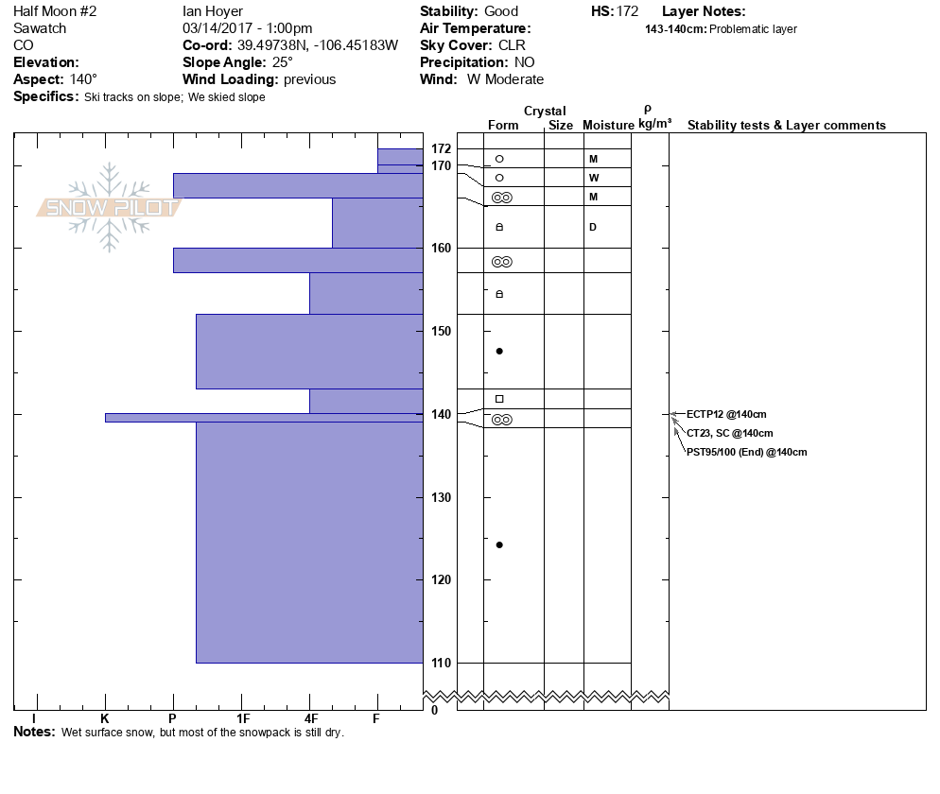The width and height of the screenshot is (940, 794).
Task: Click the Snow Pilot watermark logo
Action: (x=109, y=207)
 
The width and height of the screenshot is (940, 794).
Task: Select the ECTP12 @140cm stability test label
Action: (x=726, y=414)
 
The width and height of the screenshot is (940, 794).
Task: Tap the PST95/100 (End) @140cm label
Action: (x=747, y=452)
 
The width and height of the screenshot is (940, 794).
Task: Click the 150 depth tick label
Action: (x=441, y=331)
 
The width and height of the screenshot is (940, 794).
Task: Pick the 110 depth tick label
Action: (x=441, y=663)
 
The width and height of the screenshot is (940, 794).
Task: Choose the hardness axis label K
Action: (x=105, y=719)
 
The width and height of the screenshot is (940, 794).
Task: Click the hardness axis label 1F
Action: (x=242, y=719)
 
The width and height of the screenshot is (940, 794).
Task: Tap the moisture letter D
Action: (x=593, y=227)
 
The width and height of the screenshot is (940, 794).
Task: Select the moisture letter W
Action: (x=593, y=178)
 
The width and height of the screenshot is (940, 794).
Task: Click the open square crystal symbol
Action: (x=499, y=399)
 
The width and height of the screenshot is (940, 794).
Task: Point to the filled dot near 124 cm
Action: (x=499, y=544)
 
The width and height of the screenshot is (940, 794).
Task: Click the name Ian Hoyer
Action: (x=213, y=11)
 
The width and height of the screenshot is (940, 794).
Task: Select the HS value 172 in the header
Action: (x=626, y=11)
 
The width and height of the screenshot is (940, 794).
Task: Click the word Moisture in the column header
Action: (x=608, y=126)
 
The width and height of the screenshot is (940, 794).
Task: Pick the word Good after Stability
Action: (x=500, y=11)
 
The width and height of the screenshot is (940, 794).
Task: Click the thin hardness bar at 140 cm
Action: (x=264, y=417)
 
